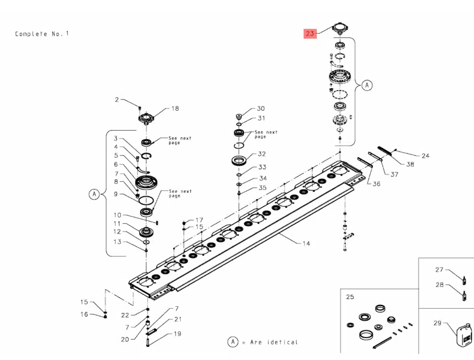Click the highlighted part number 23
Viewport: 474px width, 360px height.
tap(310, 34)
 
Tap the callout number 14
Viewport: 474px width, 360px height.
tap(306, 243)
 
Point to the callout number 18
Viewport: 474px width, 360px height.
tap(175, 109)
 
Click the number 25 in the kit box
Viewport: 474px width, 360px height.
tap(350, 297)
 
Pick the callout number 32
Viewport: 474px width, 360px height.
tap(262, 154)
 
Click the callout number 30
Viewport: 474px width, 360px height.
tap(261, 109)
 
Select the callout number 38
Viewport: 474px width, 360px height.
tap(410, 164)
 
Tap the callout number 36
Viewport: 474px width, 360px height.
tap(376, 184)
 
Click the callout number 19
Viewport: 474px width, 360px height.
tap(177, 334)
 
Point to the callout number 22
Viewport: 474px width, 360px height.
tap(125, 315)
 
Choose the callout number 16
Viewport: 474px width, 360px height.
tap(84, 314)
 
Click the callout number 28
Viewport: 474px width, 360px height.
tap(440, 285)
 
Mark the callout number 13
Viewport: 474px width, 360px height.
tap(117, 242)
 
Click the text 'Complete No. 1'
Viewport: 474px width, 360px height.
tap(42, 34)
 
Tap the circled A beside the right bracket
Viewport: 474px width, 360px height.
tap(367, 85)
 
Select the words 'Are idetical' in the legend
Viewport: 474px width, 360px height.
tap(274, 342)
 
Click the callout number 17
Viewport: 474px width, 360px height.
tap(199, 220)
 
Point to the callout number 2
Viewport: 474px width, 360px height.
tap(117, 100)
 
